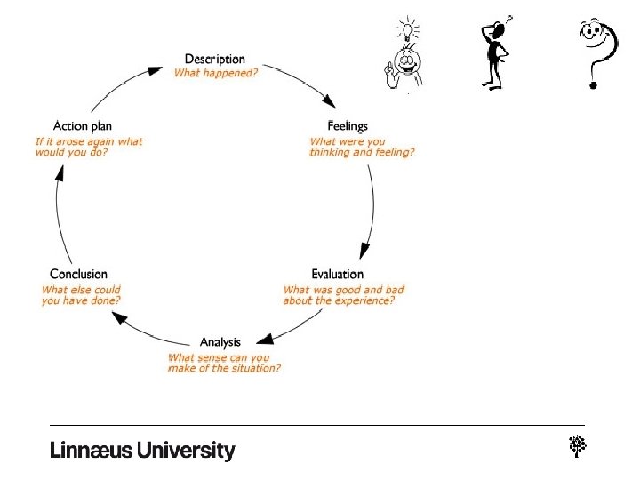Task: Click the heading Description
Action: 214,60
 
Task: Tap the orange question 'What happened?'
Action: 216,73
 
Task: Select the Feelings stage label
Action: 348,127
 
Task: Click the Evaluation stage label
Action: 337,275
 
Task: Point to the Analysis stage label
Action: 220,343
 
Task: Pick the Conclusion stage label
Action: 78,275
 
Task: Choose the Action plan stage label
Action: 83,126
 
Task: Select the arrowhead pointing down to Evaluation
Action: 363,252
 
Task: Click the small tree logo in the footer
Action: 576,447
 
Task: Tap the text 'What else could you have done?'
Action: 81,295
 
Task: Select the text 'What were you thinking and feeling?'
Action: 362,147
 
